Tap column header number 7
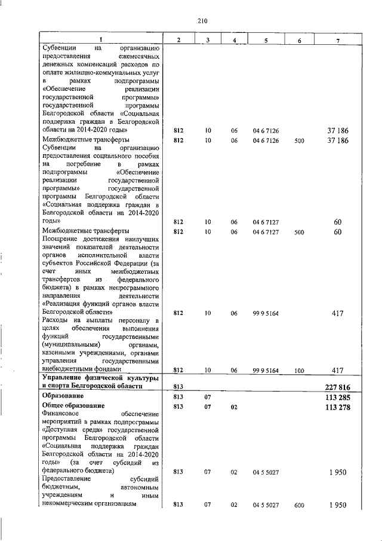tap(338, 39)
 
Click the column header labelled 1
tap(100, 39)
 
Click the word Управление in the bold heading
tap(63, 378)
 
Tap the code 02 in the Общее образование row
tap(235, 407)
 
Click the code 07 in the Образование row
tap(208, 396)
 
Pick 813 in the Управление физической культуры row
tap(177, 386)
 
